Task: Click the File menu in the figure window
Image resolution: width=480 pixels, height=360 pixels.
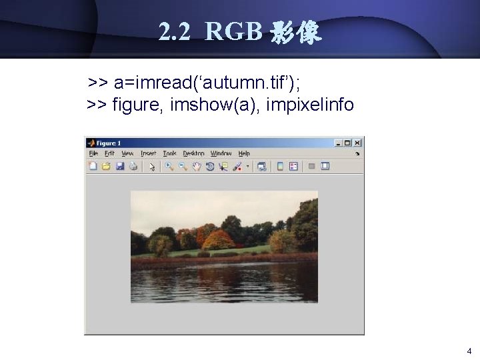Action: coord(93,153)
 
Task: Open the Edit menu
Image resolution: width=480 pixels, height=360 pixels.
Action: coord(109,153)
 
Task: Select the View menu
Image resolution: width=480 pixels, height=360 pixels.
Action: coord(127,153)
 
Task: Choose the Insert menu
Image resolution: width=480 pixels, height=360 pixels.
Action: coord(148,153)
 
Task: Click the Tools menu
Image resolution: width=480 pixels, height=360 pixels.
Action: coord(169,153)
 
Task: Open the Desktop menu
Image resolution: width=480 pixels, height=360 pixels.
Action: coord(193,153)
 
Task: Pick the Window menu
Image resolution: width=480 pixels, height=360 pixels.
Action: coord(221,153)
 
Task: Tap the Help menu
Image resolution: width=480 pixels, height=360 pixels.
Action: coord(244,153)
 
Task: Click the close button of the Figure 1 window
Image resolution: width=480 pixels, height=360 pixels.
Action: coord(358,143)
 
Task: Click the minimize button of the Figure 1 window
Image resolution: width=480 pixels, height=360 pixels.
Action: coord(339,143)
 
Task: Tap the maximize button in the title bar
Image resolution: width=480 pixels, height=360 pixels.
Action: coord(348,143)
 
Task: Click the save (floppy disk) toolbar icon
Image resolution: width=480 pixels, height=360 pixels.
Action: coord(120,166)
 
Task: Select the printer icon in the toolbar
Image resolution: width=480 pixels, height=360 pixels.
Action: coord(133,166)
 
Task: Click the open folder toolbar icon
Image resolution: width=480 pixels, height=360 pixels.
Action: coord(106,166)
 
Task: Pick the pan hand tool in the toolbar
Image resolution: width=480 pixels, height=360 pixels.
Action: coord(197,166)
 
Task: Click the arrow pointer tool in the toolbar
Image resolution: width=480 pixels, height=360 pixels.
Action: coord(152,166)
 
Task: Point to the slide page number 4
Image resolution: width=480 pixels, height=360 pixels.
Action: coord(469,351)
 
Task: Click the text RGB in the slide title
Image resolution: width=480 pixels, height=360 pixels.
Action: coord(233,31)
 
